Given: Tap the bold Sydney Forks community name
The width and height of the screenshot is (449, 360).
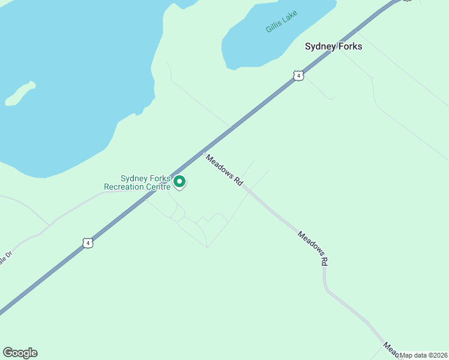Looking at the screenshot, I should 333,46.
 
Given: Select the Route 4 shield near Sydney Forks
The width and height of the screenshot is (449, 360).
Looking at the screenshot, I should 298,76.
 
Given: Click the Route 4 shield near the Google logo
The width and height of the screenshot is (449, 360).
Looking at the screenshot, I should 88,243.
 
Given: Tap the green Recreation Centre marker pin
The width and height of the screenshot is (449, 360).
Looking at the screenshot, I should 179,182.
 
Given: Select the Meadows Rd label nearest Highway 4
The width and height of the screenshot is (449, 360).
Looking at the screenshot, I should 224,170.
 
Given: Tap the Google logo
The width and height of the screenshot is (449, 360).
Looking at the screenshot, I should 20,353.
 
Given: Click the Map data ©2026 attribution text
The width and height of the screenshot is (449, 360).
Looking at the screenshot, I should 424,355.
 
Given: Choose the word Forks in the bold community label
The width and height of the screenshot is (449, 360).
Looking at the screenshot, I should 350,46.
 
